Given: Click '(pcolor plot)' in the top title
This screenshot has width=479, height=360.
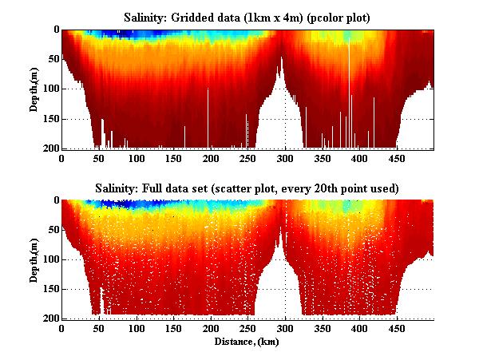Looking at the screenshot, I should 323,17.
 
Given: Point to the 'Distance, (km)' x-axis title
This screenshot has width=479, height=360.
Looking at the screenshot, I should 247,341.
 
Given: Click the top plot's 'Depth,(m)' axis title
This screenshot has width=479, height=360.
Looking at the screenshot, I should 35,89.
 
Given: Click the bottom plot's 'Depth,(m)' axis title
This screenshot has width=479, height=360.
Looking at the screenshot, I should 35,259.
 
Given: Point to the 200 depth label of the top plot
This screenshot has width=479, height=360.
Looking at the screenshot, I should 50,148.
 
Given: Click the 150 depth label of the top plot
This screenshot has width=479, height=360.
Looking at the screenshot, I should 50,119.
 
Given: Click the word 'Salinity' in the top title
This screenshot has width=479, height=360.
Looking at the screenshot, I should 148,17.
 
